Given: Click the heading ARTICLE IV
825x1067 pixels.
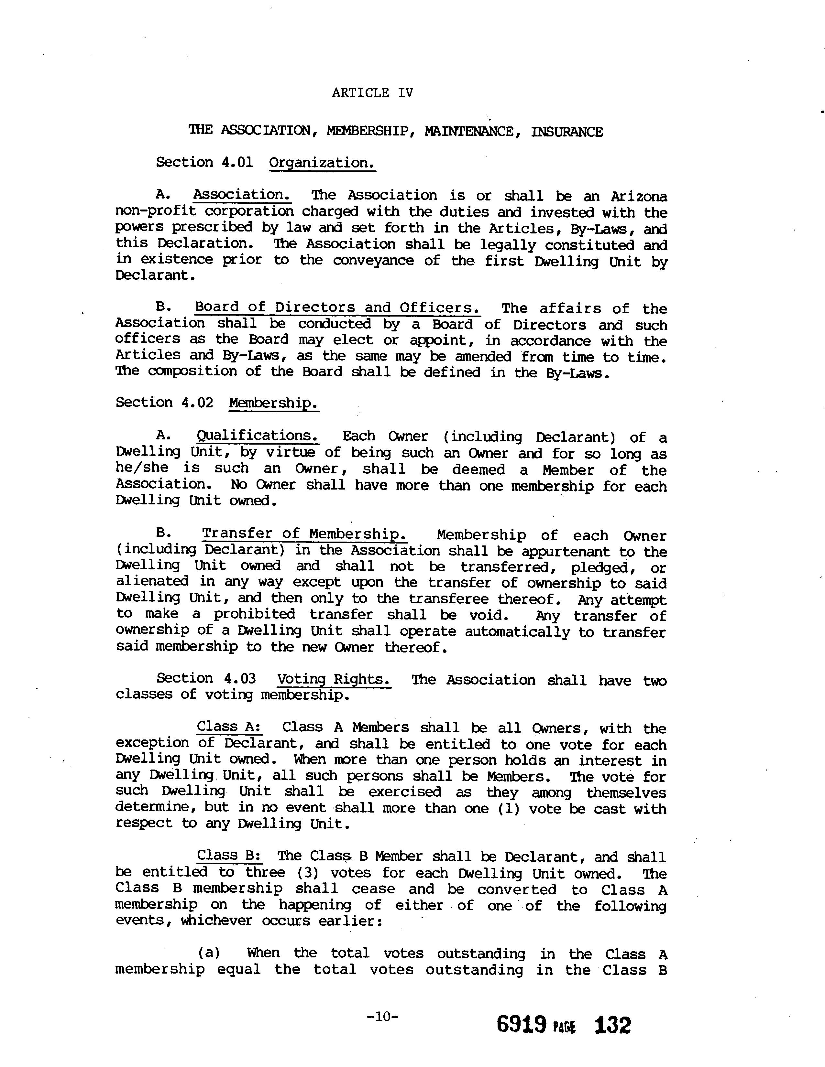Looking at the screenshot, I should [372, 93].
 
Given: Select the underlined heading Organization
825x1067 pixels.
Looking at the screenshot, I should [322, 163].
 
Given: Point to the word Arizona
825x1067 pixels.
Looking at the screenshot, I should [639, 196].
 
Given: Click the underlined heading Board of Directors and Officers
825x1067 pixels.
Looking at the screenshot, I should [337, 308].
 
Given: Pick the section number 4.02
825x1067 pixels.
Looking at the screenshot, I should [197, 403].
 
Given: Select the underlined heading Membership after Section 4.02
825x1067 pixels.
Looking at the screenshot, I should [274, 404].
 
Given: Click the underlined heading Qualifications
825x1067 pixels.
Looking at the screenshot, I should [258, 436].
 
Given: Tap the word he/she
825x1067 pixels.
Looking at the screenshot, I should [142, 468].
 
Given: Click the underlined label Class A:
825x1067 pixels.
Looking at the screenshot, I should [229, 727].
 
